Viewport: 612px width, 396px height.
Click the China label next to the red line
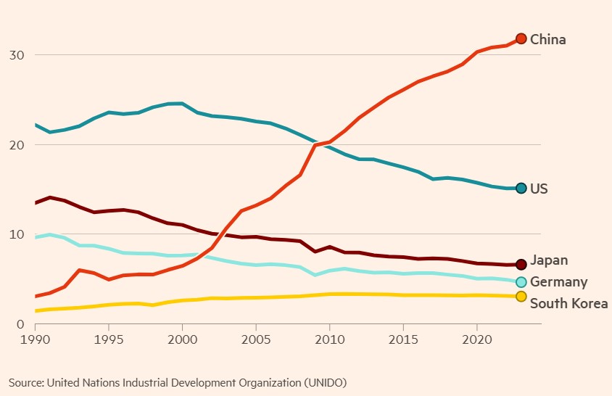click(547, 39)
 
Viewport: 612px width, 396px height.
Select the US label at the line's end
click(539, 189)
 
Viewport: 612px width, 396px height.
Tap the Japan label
click(549, 260)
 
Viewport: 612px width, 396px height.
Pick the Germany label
click(558, 282)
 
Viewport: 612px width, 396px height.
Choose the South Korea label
click(568, 303)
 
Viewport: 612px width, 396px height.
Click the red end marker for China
click(521, 38)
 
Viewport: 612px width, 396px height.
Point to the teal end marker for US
click(521, 189)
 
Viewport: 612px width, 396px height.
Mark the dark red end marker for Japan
click(521, 265)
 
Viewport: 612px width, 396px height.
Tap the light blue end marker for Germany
click(521, 281)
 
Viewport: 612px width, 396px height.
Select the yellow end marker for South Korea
click(521, 297)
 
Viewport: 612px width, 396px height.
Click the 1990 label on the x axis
click(35, 339)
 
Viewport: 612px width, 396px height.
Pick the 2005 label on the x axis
click(255, 339)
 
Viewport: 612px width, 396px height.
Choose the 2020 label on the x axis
click(476, 339)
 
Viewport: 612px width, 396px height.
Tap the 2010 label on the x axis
click(329, 339)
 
